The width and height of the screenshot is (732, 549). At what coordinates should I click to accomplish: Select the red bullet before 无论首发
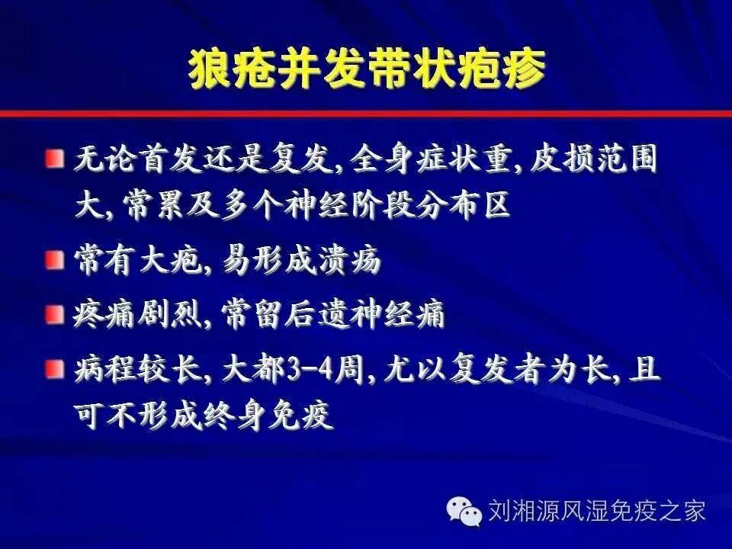(x=55, y=159)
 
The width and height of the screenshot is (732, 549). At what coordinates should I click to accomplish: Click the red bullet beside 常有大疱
(x=55, y=259)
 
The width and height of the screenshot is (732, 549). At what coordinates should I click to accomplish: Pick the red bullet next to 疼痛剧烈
(x=55, y=314)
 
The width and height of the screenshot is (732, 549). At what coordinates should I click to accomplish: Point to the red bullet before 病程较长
(x=55, y=369)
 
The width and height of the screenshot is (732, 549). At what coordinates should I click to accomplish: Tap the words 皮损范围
(x=593, y=159)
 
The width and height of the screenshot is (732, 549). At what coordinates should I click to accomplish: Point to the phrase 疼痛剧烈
(x=137, y=314)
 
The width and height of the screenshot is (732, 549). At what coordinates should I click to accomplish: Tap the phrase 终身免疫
(x=268, y=415)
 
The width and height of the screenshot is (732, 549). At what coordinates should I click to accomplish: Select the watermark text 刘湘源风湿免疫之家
(x=596, y=511)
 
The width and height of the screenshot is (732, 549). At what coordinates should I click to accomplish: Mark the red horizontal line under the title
(x=366, y=114)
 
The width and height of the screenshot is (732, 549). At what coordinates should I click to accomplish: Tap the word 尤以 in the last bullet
(x=416, y=369)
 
